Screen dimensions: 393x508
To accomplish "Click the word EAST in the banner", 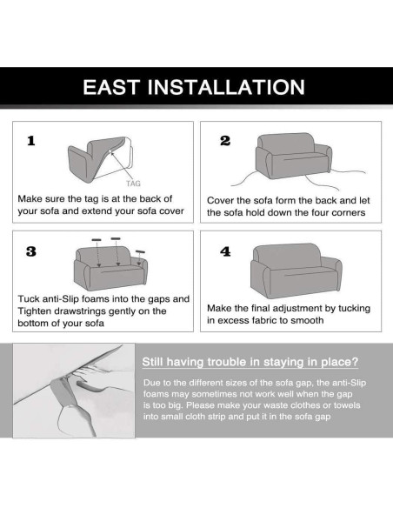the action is click(111, 87).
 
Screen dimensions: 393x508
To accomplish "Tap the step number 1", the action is click(31, 141).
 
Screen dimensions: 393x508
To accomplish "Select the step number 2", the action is click(225, 141).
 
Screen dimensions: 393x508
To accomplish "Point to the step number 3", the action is click(31, 251).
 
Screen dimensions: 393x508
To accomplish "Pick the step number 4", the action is click(225, 251).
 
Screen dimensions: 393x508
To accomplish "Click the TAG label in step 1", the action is click(133, 184).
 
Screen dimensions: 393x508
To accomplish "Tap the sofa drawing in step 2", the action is click(293, 156).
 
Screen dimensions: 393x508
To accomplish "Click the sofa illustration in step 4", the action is click(296, 271).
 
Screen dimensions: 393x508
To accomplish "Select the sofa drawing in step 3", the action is click(110, 268).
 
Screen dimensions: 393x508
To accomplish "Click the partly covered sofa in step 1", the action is click(100, 159).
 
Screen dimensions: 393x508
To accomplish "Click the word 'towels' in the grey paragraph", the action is click(347, 405).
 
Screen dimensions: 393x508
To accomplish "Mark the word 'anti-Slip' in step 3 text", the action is click(61, 298).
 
